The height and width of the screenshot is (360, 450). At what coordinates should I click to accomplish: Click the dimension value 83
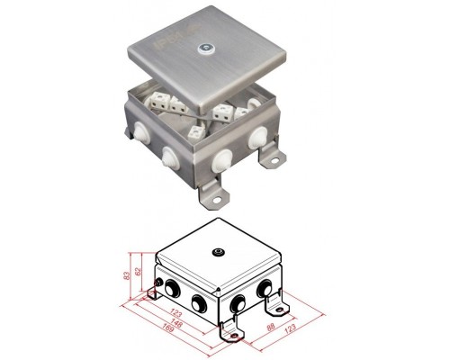[127, 276]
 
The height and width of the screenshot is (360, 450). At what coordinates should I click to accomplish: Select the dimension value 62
[138, 272]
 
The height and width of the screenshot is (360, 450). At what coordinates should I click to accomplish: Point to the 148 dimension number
[176, 322]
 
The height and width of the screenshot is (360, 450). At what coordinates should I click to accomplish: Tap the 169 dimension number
[168, 328]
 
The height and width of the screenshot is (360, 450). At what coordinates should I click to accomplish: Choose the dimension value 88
[271, 327]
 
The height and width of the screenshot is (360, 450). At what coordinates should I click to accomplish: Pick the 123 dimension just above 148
[175, 312]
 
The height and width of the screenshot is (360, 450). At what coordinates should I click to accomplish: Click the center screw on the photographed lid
[205, 49]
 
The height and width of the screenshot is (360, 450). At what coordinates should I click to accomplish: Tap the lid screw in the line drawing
[218, 252]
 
